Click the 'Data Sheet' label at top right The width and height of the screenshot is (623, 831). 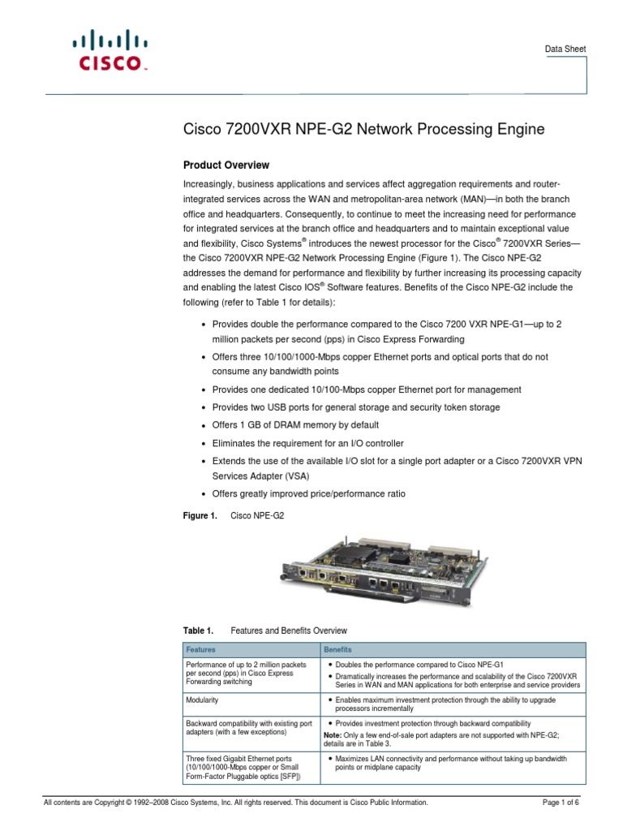click(565, 50)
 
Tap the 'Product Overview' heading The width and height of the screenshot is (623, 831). click(225, 165)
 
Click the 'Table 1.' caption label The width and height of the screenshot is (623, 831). click(197, 631)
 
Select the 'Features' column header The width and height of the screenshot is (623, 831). click(201, 650)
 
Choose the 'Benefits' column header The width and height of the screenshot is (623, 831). click(337, 650)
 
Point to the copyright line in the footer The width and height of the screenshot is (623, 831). click(235, 803)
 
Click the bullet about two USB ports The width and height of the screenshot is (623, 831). click(355, 407)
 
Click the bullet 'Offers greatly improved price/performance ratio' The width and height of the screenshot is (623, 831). click(308, 493)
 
